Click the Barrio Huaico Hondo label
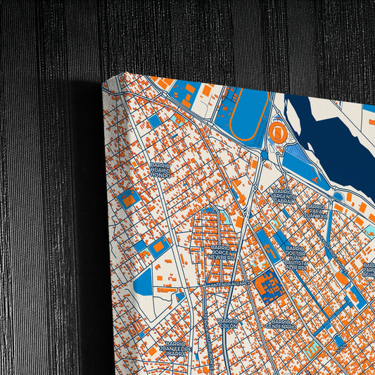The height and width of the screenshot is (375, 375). pos(160,170)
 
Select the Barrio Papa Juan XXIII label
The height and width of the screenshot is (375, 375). pos(317,212)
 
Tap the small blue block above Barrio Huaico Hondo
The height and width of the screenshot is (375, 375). pos(154,121)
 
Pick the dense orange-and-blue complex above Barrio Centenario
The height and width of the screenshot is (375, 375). pos(267,285)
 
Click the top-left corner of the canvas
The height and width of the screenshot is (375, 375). pos(104,82)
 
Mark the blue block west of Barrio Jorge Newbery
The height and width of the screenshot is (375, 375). pos(158,246)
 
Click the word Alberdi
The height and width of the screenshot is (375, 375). pos(295,267)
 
